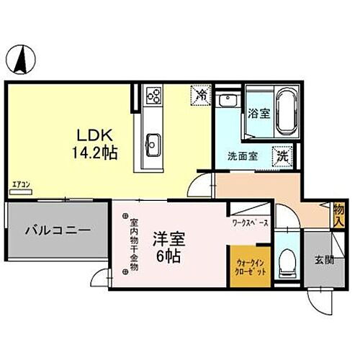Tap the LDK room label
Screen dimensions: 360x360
(x=92, y=135)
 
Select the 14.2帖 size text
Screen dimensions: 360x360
(x=95, y=153)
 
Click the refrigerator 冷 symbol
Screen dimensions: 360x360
(x=202, y=94)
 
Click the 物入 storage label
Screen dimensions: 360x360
(x=338, y=215)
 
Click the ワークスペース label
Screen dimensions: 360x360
(x=251, y=223)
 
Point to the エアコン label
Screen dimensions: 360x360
(x=20, y=185)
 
